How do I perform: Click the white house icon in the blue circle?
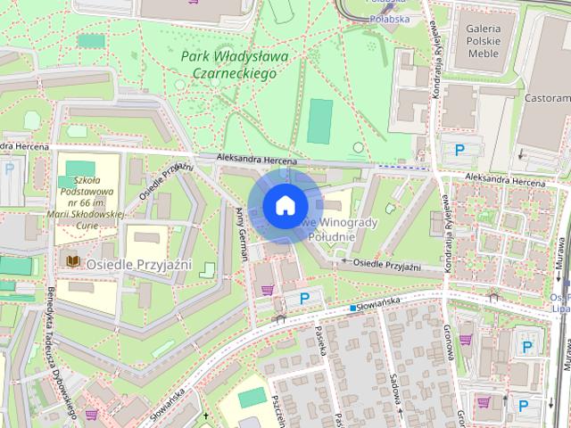point(285,205)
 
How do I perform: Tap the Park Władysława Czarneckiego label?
point(229,65)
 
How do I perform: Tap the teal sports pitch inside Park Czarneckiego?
point(319,120)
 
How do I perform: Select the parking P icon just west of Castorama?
point(460,151)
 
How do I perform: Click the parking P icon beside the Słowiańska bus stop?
point(304,298)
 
